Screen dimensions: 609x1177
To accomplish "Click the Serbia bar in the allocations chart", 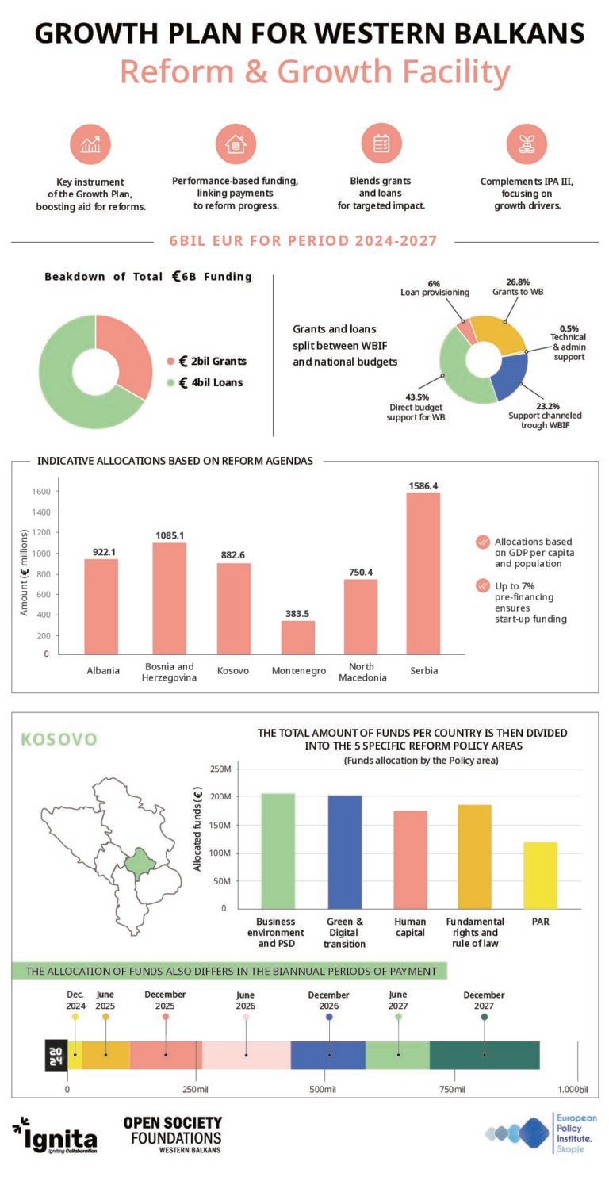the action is [423, 573].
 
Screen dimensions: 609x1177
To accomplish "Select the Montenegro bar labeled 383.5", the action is [298, 638].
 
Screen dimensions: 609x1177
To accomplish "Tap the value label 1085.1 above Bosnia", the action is [170, 535].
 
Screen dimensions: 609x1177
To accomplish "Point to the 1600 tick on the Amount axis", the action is [40, 491].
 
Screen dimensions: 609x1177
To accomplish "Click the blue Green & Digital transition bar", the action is [345, 852].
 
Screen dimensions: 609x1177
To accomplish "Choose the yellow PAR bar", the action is [540, 875].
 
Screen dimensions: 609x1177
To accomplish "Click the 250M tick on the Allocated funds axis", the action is [220, 769].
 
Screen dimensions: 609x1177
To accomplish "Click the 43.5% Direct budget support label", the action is [416, 407].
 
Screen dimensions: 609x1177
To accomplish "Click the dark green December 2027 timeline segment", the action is [485, 1055].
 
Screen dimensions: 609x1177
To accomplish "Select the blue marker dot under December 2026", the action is [329, 1017].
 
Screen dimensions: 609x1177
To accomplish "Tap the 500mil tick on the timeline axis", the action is [323, 1089].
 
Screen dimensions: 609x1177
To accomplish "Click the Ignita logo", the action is [55, 1136].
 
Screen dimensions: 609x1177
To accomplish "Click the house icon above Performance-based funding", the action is [236, 144].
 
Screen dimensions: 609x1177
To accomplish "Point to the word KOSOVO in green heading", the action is [59, 739].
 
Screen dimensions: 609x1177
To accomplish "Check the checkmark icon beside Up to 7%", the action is [482, 585].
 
